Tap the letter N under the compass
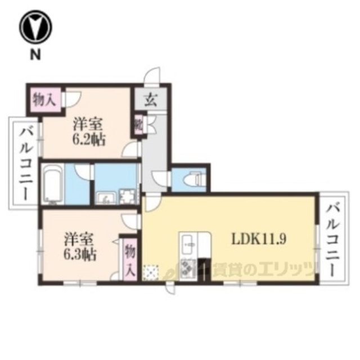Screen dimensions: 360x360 pos(35,55)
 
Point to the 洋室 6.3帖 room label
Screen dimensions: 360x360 pos(79,246)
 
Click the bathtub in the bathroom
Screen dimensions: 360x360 pos(53,184)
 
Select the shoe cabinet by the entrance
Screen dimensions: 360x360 pos(138,125)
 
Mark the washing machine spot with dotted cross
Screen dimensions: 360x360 pos(152,271)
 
